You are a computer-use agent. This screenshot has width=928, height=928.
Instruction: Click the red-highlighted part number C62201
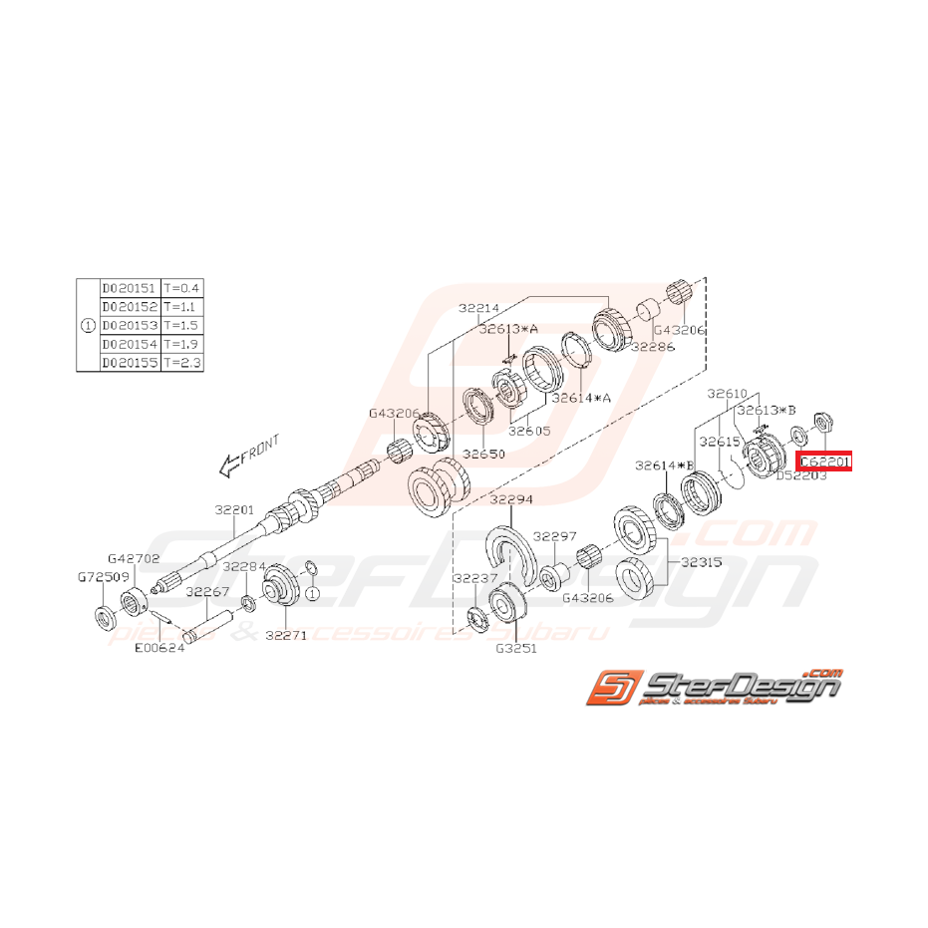pyautogui.click(x=823, y=461)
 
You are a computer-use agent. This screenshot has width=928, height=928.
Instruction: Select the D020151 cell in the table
pyautogui.click(x=130, y=288)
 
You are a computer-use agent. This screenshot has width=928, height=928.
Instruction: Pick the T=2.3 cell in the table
pyautogui.click(x=181, y=364)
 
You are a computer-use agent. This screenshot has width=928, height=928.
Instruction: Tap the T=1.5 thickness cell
pyautogui.click(x=181, y=326)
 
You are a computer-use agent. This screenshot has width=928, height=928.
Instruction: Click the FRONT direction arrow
pyautogui.click(x=250, y=453)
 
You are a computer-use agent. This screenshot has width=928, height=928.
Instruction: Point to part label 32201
pyautogui.click(x=235, y=508)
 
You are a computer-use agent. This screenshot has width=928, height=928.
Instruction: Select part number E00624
pyautogui.click(x=159, y=646)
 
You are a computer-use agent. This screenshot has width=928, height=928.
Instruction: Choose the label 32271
pyautogui.click(x=285, y=635)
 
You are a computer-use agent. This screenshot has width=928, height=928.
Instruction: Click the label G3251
pyautogui.click(x=515, y=646)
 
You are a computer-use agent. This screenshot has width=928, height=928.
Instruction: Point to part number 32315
pyautogui.click(x=702, y=560)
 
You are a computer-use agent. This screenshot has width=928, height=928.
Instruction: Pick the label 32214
pyautogui.click(x=479, y=309)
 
